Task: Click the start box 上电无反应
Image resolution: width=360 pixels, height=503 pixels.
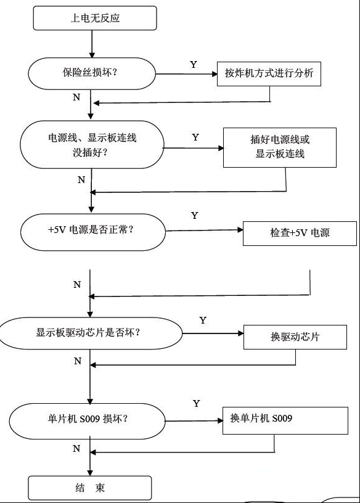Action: [x=95, y=18]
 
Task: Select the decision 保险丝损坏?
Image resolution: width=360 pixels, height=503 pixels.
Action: [x=92, y=73]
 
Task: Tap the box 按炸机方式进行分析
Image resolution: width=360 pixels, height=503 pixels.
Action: [x=269, y=74]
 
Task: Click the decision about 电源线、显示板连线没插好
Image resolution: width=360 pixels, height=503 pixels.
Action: [x=92, y=145]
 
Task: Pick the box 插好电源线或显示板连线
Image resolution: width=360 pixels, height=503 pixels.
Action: [x=280, y=147]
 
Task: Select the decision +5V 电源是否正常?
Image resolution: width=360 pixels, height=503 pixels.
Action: [x=93, y=232]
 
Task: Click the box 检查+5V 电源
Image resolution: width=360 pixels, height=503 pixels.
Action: [x=300, y=234]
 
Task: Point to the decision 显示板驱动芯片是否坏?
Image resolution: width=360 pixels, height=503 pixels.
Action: [x=91, y=333]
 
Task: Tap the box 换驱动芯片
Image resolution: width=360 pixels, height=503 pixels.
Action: [x=295, y=337]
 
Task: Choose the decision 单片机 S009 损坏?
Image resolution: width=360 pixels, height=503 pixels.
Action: [x=87, y=421]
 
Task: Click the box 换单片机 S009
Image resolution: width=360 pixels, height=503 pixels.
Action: [x=285, y=420]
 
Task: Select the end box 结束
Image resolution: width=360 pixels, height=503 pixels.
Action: [x=90, y=488]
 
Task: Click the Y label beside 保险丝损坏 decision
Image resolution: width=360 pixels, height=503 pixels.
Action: [x=193, y=65]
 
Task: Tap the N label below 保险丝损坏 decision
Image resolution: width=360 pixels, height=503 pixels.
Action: [x=76, y=97]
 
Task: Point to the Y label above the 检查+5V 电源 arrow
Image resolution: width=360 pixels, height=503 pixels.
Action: [x=194, y=215]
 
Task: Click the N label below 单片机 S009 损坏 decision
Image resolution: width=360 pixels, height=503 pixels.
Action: [x=76, y=448]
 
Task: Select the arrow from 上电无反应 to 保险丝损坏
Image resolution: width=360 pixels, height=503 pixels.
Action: [x=92, y=44]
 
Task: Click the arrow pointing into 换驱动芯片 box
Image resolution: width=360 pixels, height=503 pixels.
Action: [x=213, y=333]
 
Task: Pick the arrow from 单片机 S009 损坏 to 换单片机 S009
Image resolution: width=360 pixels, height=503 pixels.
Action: [x=194, y=421]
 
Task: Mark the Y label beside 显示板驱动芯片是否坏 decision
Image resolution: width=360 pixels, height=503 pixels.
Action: [x=203, y=320]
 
